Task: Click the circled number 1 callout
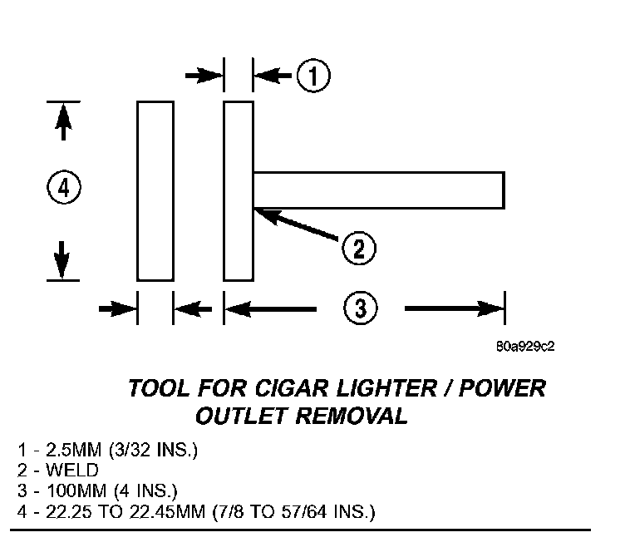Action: tap(314, 76)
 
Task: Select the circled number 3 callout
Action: tap(360, 308)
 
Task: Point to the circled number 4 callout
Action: tap(63, 188)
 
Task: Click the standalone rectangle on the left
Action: tap(155, 190)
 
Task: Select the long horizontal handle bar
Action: tap(379, 190)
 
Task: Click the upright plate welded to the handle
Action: tap(239, 190)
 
